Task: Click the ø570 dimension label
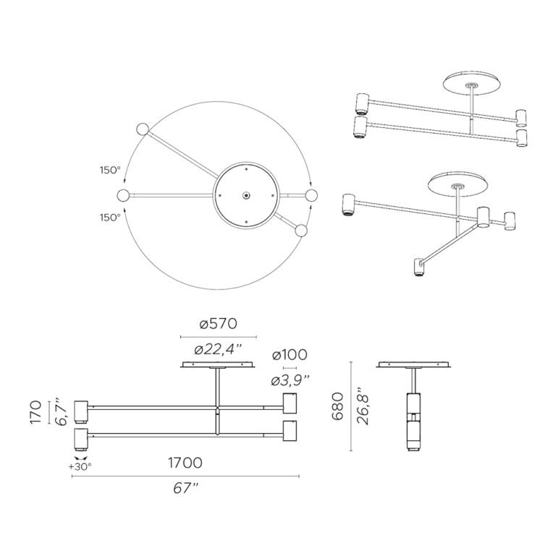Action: point(218,324)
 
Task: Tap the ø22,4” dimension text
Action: point(218,350)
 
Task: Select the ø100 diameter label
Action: point(290,354)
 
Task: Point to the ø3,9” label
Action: point(290,380)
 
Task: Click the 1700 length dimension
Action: point(185,463)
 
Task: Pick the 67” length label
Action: point(185,488)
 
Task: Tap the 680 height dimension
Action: point(337,406)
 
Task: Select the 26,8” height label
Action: point(363,406)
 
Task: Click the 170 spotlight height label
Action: point(36,412)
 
